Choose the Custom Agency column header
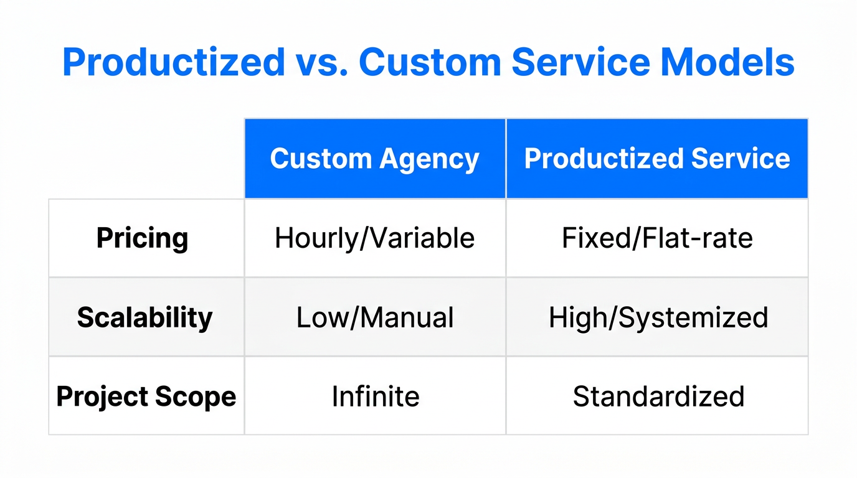click(x=375, y=159)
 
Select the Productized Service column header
click(x=657, y=159)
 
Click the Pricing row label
click(x=143, y=238)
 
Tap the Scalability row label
click(x=145, y=317)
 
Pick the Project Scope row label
click(x=146, y=396)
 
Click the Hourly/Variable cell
click(x=375, y=238)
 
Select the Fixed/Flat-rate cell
click(x=657, y=238)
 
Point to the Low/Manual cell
click(x=375, y=317)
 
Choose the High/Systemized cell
click(x=658, y=317)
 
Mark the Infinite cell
click(x=376, y=396)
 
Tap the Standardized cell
click(x=658, y=396)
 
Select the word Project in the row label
click(x=103, y=397)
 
